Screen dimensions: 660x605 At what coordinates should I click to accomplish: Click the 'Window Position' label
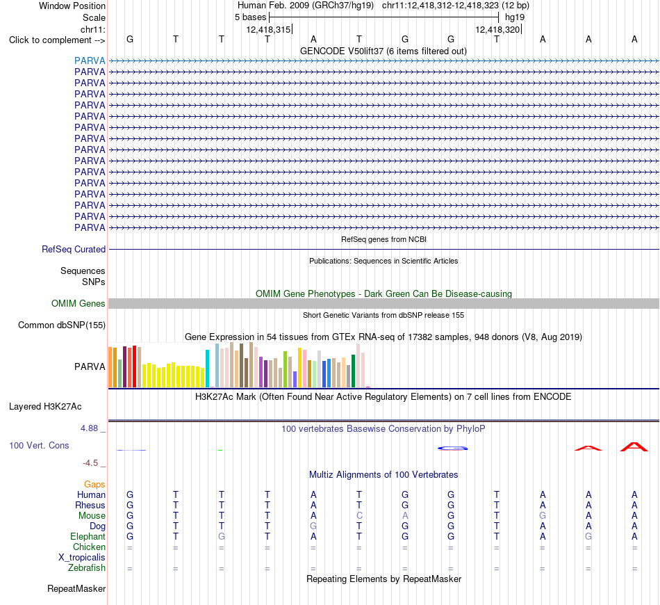pyautogui.click(x=72, y=6)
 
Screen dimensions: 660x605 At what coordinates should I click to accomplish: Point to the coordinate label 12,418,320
pyautogui.click(x=497, y=29)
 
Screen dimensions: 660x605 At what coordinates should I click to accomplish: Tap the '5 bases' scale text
pyautogui.click(x=250, y=17)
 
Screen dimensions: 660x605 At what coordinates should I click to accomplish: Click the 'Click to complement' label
pyautogui.click(x=50, y=40)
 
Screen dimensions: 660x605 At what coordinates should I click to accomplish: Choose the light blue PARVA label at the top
pyautogui.click(x=90, y=60)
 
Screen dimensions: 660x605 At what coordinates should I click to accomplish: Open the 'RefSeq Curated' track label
pyautogui.click(x=74, y=250)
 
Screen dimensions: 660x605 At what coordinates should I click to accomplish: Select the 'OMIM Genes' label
pyautogui.click(x=79, y=303)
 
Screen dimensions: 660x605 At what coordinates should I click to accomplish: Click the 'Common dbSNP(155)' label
pyautogui.click(x=62, y=325)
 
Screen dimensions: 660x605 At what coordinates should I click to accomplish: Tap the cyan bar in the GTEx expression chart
pyautogui.click(x=207, y=369)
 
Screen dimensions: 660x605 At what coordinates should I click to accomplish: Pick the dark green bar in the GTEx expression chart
pyautogui.click(x=353, y=371)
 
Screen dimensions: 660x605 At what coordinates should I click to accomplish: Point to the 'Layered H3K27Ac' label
pyautogui.click(x=45, y=407)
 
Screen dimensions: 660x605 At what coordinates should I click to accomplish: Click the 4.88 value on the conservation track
pyautogui.click(x=89, y=428)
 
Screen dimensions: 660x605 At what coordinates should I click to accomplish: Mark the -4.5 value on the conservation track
pyautogui.click(x=90, y=463)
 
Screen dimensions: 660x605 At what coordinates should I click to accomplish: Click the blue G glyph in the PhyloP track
pyautogui.click(x=452, y=449)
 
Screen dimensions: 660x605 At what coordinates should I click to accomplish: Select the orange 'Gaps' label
pyautogui.click(x=94, y=485)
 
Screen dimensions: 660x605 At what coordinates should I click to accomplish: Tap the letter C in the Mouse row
pyautogui.click(x=359, y=516)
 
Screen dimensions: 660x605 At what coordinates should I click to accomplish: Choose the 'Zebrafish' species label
pyautogui.click(x=87, y=568)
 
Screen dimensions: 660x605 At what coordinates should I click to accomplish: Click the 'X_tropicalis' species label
pyautogui.click(x=82, y=558)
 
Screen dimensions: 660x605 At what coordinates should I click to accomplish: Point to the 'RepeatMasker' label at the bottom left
pyautogui.click(x=76, y=588)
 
